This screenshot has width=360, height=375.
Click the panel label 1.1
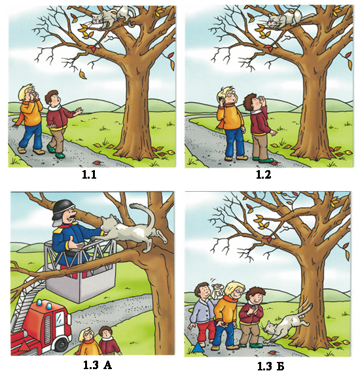[x=89, y=175]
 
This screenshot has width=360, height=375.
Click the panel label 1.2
[x=264, y=175]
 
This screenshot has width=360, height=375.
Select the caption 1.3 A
[x=98, y=365]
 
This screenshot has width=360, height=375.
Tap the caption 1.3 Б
[x=271, y=366]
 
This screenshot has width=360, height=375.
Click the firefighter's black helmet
[x=63, y=211]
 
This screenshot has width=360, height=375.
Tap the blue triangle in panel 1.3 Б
[x=198, y=348]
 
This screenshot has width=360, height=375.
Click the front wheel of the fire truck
[x=62, y=344]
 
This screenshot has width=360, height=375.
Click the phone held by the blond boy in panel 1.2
[x=221, y=99]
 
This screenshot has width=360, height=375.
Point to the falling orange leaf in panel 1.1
[x=82, y=74]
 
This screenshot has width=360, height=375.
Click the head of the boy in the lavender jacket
[x=202, y=291]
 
